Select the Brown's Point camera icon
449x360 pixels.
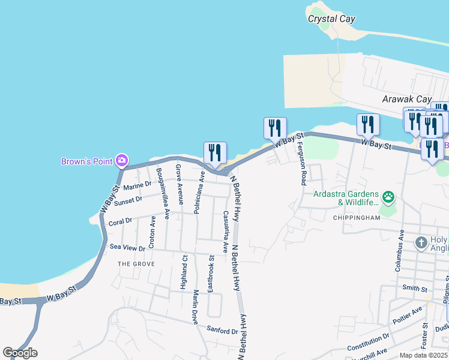coord(122,160)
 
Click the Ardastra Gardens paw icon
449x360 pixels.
coord(388,196)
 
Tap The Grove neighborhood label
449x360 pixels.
coord(136,264)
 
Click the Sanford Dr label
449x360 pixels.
coord(222,331)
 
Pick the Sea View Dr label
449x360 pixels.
coord(127,247)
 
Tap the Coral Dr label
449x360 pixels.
coord(121,222)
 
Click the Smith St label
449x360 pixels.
coord(414,288)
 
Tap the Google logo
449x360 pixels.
coord(20,353)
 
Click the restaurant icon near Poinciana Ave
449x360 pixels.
coord(214,154)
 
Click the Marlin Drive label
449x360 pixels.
coord(196,307)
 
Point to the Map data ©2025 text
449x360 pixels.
coord(424,355)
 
